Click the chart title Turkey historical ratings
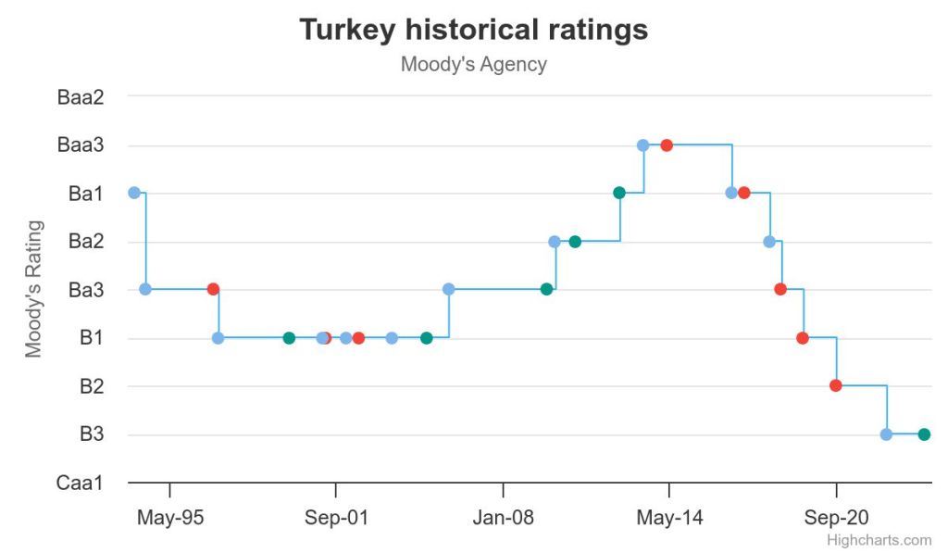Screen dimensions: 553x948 tap(473, 30)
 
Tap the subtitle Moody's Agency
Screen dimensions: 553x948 tap(473, 65)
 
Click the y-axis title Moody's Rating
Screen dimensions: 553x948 tap(34, 288)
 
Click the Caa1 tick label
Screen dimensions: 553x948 tap(80, 483)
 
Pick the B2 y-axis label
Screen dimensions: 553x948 tap(91, 386)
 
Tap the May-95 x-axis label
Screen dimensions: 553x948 tap(169, 518)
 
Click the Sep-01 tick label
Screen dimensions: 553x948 tap(336, 518)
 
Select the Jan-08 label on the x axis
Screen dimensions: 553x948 tap(503, 518)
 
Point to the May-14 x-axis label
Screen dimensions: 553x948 tap(669, 518)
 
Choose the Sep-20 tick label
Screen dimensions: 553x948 tap(836, 518)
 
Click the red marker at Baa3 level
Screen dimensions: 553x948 tap(667, 145)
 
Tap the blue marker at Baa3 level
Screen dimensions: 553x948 tap(642, 145)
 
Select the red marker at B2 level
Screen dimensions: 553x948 tap(835, 385)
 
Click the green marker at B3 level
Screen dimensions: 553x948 tap(923, 434)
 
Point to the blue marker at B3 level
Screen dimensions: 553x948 tap(886, 434)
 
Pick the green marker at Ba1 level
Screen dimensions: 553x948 tap(619, 193)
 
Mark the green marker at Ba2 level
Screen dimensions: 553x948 tap(575, 242)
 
